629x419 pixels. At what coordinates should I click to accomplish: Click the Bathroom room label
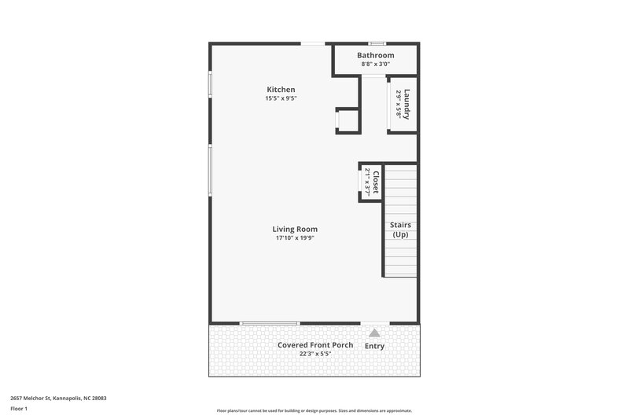(x=375, y=55)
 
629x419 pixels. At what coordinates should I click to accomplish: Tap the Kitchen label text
(x=281, y=90)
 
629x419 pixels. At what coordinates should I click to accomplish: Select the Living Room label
(x=296, y=229)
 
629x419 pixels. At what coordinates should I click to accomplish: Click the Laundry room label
(x=408, y=104)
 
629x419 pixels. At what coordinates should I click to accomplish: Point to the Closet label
(x=376, y=182)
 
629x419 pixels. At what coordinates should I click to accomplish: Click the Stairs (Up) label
(x=400, y=230)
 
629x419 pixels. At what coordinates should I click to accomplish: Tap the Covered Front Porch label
(x=314, y=345)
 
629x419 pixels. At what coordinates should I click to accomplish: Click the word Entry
(x=375, y=347)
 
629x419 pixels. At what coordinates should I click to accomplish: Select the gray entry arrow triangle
(x=374, y=333)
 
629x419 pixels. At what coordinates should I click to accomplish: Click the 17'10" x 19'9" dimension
(x=296, y=238)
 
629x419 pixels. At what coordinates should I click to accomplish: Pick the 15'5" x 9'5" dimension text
(x=281, y=98)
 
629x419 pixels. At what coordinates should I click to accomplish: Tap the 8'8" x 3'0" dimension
(x=375, y=64)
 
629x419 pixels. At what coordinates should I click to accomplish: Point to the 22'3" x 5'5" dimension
(x=314, y=354)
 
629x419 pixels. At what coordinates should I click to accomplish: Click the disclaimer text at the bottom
(x=314, y=410)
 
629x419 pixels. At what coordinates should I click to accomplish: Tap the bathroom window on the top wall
(x=377, y=43)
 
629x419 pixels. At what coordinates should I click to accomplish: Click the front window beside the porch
(x=269, y=323)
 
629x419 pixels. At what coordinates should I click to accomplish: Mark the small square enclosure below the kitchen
(x=347, y=121)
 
